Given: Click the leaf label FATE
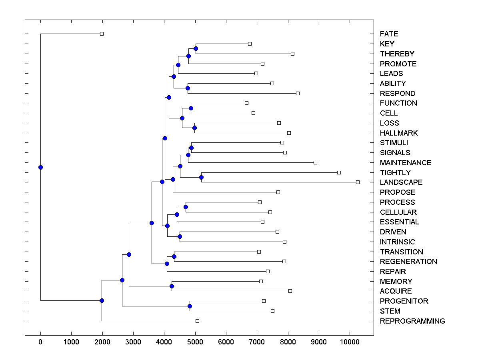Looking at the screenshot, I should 389,34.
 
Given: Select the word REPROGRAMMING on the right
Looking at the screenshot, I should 412,321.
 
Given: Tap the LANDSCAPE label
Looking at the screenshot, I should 401,182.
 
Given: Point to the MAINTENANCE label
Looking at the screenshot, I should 406,163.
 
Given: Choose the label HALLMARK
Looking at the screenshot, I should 399,133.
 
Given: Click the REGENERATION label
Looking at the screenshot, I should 408,262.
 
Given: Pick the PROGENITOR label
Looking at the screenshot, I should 404,301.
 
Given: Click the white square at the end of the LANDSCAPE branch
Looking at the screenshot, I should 358,182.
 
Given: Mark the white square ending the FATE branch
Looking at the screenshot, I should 102,34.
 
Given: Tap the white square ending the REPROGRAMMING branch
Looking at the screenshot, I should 197,321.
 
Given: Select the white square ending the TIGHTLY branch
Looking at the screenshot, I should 339,172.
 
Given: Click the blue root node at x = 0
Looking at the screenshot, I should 40,167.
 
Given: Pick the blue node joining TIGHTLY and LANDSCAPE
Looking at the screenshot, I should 202,177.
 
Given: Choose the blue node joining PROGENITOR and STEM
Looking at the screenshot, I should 190,306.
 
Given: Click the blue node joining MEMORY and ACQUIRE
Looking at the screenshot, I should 172,286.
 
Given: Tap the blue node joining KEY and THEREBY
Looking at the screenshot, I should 196,48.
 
